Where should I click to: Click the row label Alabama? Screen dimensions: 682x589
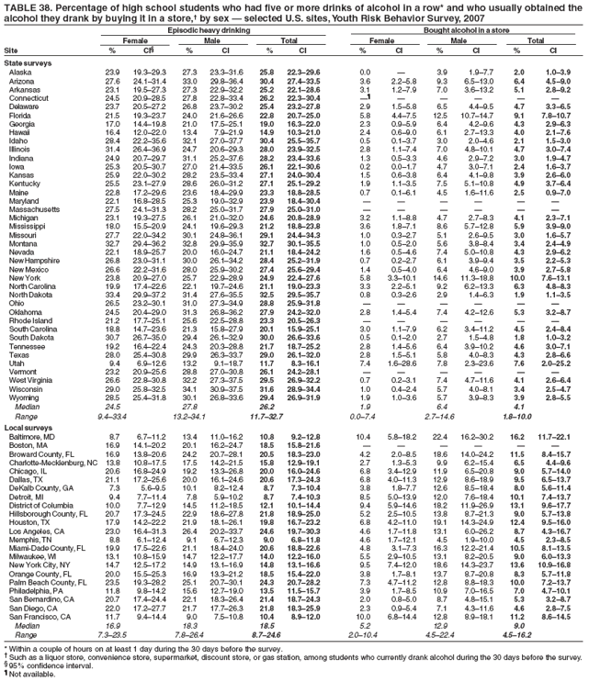(23, 71)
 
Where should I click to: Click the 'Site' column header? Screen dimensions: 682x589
(12, 50)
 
